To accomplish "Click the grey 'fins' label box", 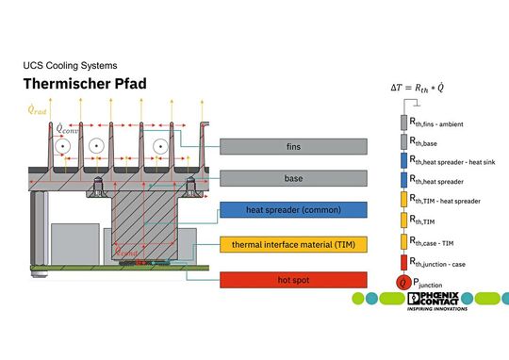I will [x=293, y=146].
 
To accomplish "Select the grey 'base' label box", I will [x=293, y=177].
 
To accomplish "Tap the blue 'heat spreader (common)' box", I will [x=293, y=209].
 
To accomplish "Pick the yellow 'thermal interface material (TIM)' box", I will [x=293, y=244].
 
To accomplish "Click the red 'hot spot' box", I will [x=293, y=279].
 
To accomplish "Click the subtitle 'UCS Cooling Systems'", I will [x=70, y=66].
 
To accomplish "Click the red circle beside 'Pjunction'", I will [x=402, y=282].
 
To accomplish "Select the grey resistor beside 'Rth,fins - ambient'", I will [x=402, y=123].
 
